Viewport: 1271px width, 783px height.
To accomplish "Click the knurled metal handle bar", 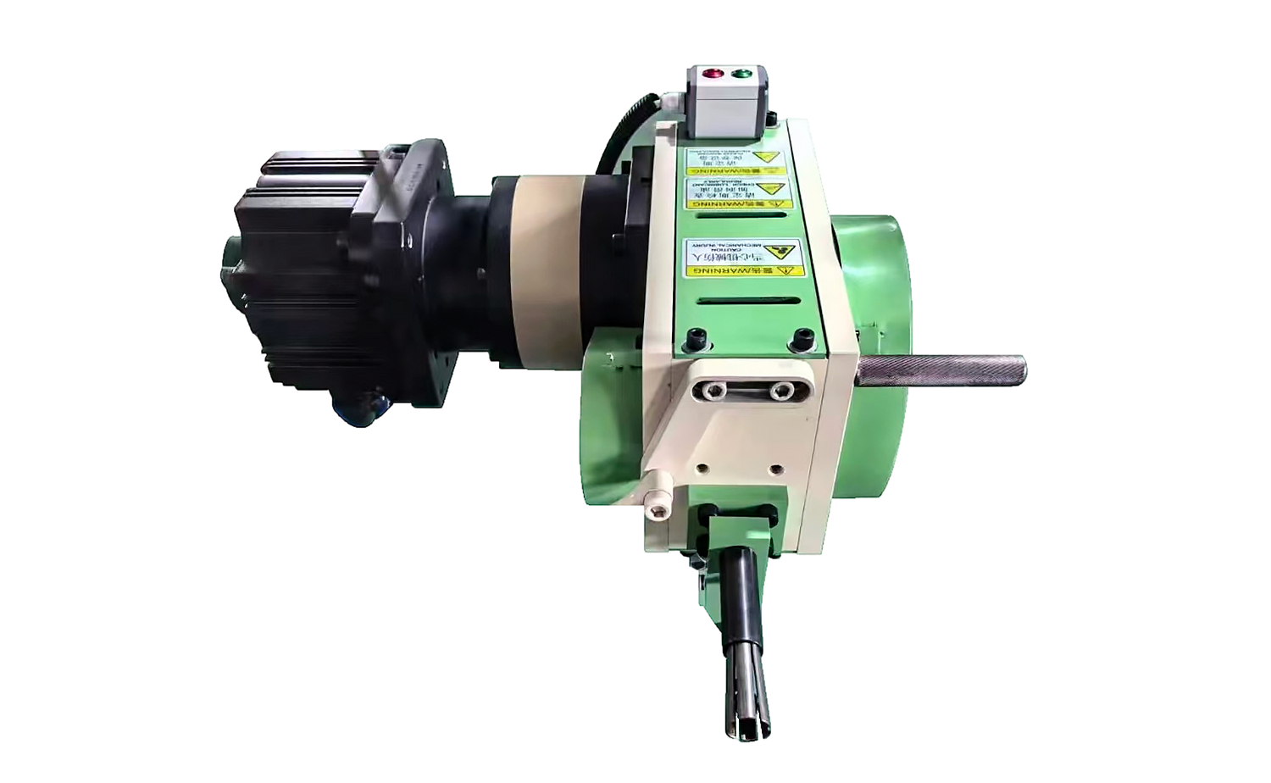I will pos(941,369).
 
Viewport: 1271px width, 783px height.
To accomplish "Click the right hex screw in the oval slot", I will pos(780,391).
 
